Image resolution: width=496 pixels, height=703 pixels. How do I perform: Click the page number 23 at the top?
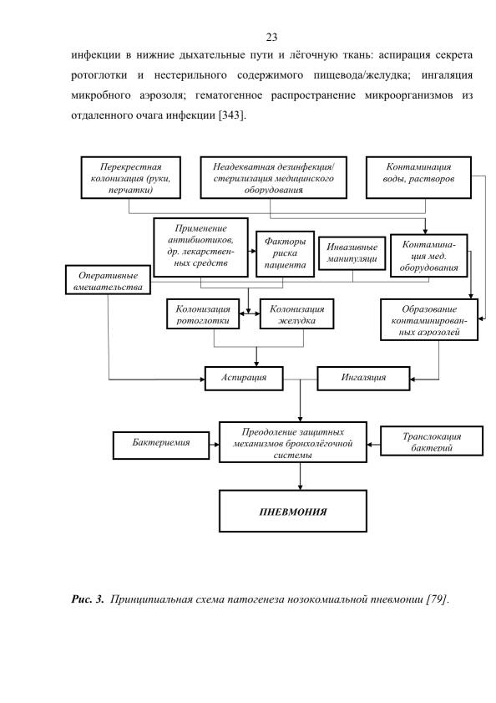(271, 38)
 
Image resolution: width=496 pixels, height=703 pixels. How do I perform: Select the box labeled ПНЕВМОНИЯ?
(293, 511)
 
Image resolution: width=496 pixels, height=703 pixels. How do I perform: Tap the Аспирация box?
(244, 379)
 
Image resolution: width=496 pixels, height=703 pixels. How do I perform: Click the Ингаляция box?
(363, 379)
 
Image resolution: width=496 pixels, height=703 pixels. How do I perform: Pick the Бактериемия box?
(161, 446)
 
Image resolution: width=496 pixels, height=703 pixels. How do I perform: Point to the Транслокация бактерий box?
(432, 441)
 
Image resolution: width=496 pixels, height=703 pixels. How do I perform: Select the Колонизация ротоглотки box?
(203, 314)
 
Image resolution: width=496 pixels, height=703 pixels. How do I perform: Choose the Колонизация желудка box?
(296, 314)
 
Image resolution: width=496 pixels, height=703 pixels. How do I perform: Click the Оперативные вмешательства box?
(108, 280)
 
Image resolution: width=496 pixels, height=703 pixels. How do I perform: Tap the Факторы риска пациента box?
(285, 254)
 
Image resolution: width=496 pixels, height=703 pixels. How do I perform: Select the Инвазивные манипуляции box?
(352, 253)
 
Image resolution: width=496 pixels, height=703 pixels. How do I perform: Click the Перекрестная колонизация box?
(131, 177)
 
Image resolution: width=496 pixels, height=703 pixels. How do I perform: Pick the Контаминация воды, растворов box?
(418, 177)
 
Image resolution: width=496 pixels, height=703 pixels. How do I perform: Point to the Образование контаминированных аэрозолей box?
(429, 319)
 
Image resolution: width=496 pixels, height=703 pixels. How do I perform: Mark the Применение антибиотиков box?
(200, 247)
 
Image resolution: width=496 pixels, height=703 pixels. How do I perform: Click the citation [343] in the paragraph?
(232, 115)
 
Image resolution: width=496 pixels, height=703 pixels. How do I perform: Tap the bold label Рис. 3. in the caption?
(88, 599)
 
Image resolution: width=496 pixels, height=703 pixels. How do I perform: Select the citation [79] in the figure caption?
(437, 599)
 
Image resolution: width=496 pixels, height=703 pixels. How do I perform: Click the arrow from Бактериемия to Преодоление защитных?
(214, 445)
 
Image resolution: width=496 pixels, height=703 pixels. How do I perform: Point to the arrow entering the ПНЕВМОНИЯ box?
(300, 476)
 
